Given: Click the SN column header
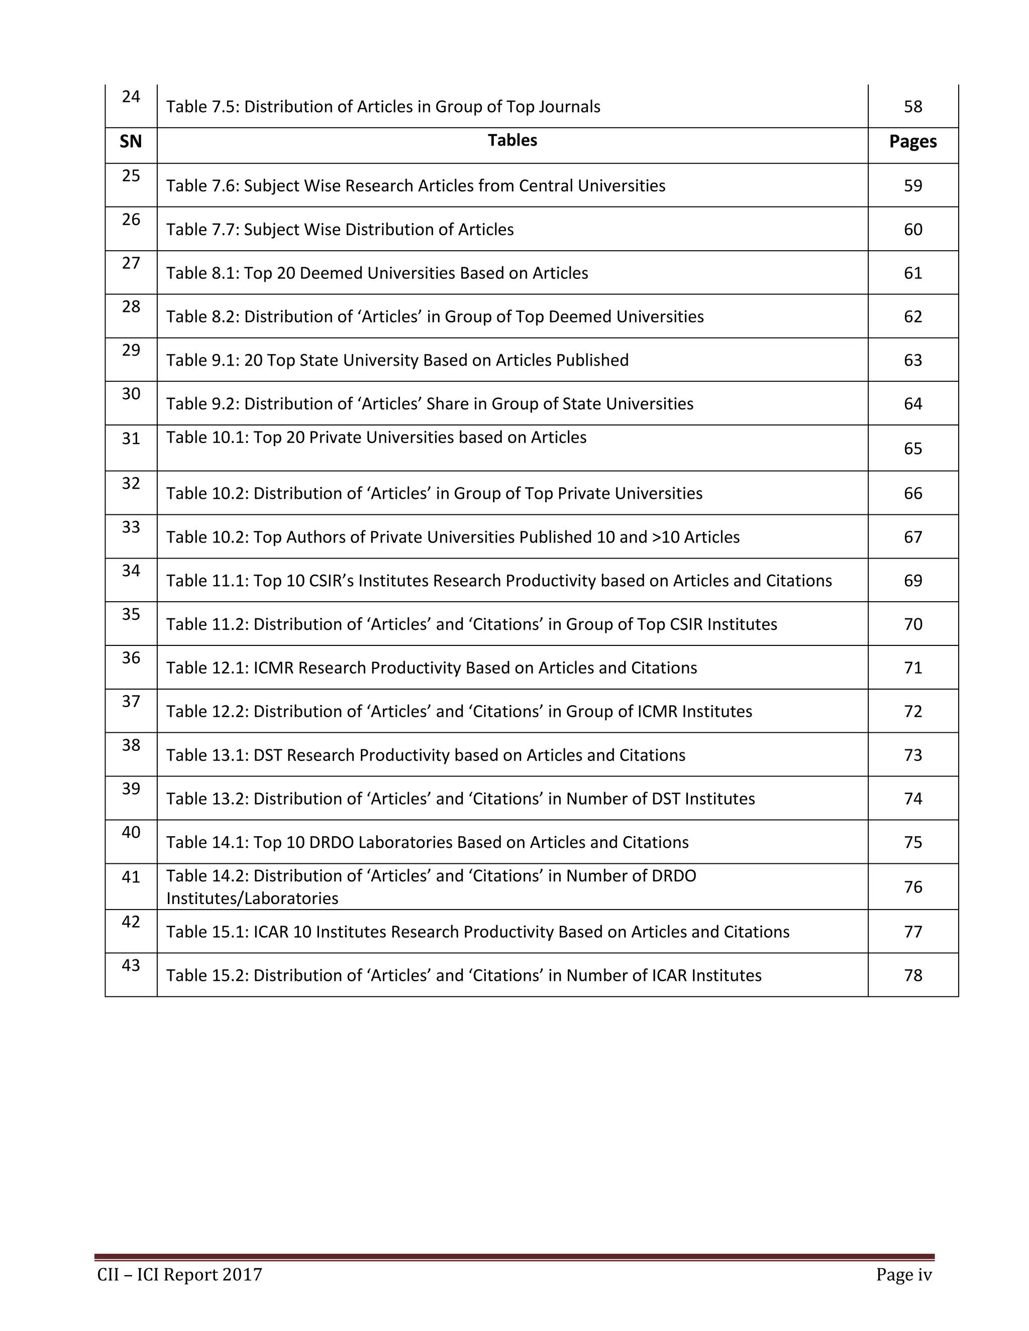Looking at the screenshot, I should tap(131, 142).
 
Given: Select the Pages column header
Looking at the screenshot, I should tap(912, 142).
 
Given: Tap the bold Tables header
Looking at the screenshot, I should tap(512, 140).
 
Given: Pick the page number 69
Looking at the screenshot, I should tap(912, 580).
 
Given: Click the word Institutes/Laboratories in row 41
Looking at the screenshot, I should tap(252, 899).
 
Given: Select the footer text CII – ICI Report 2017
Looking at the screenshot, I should tap(179, 1274).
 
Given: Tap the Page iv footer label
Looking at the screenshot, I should tap(903, 1274).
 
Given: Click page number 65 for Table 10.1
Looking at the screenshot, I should tap(912, 449).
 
